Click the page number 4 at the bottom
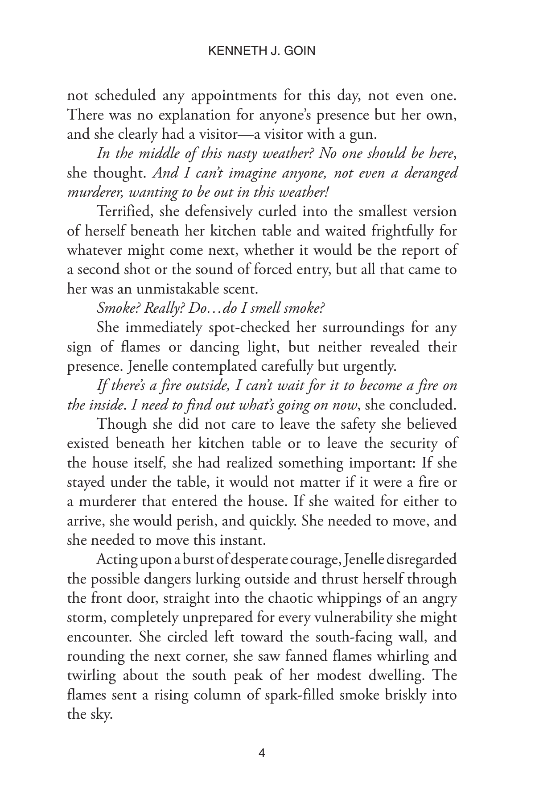262,753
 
